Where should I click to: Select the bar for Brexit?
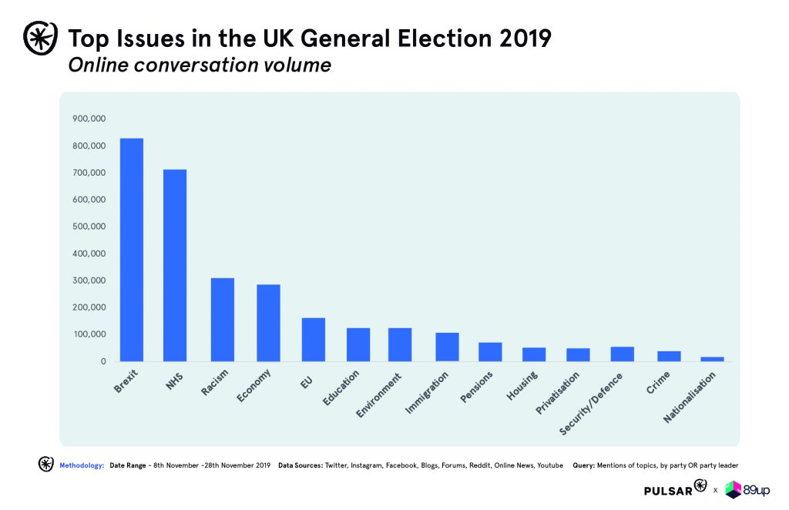click(132, 250)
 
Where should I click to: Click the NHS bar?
click(175, 265)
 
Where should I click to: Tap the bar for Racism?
click(223, 319)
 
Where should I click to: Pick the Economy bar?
click(268, 323)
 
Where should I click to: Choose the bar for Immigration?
click(447, 347)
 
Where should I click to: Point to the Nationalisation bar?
click(712, 359)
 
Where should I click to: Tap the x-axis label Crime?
click(658, 383)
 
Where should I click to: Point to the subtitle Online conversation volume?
click(200, 65)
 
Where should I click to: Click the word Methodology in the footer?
click(82, 465)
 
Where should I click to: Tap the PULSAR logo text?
click(668, 489)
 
